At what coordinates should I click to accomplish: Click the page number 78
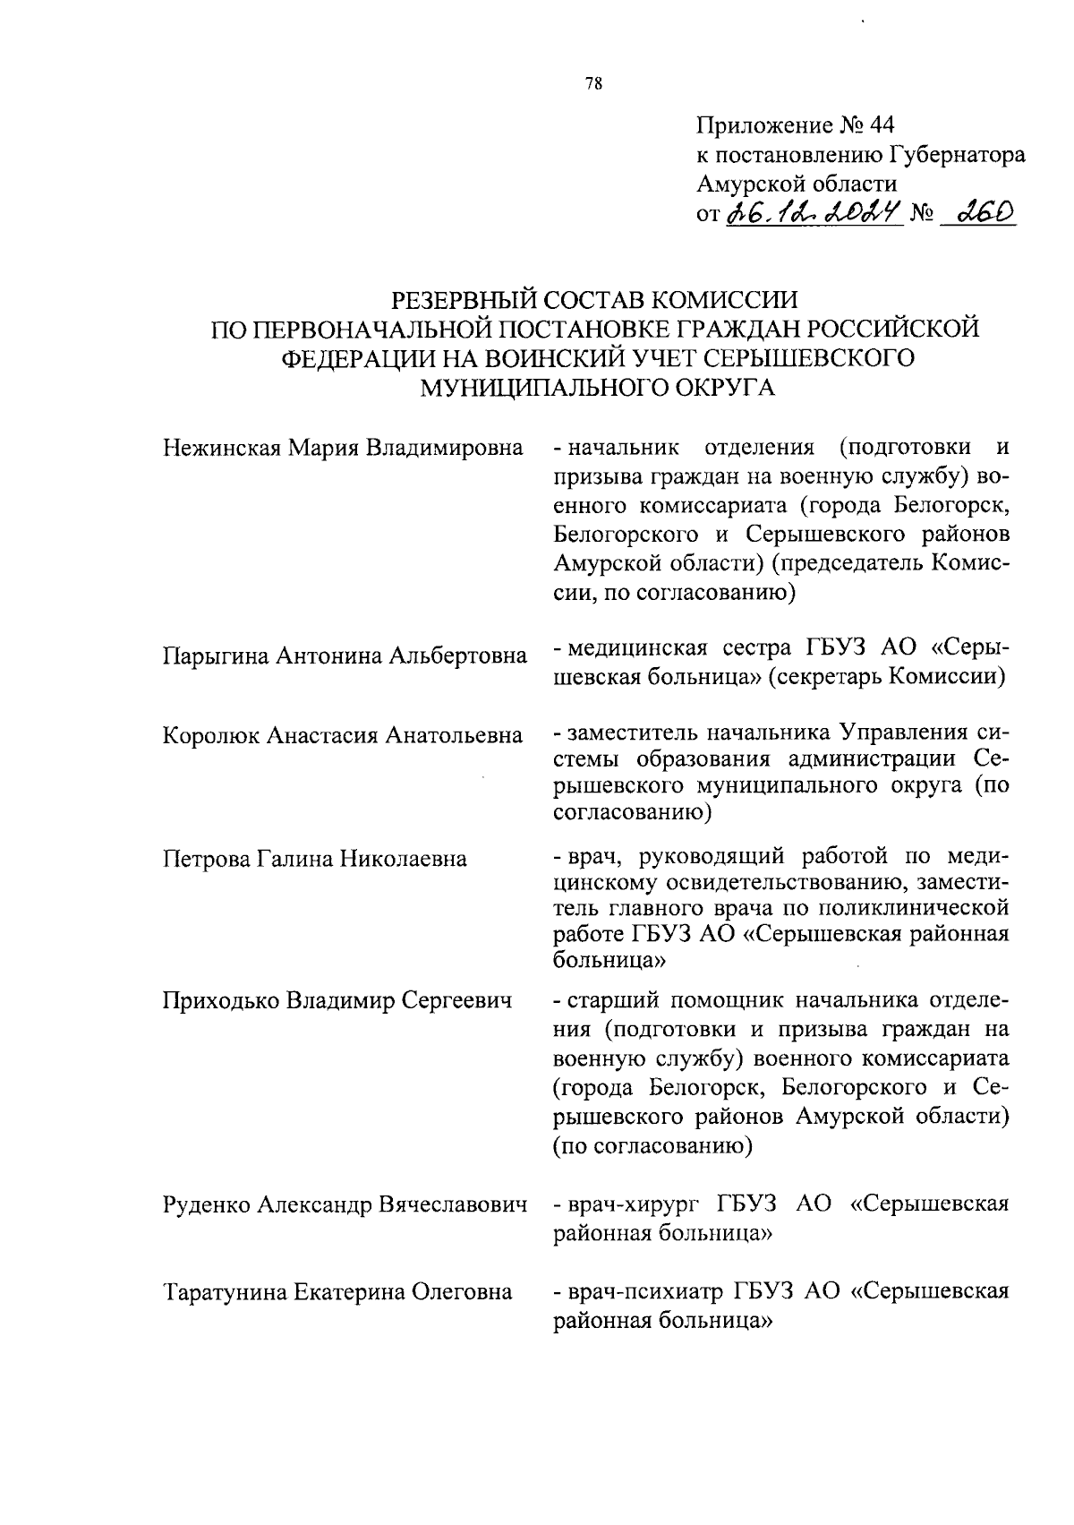[593, 84]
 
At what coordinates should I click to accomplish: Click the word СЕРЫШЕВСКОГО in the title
[810, 357]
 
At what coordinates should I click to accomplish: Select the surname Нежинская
[221, 447]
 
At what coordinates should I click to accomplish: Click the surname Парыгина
[216, 655]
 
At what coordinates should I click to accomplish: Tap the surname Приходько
[220, 999]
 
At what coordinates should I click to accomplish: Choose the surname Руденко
[208, 1204]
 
